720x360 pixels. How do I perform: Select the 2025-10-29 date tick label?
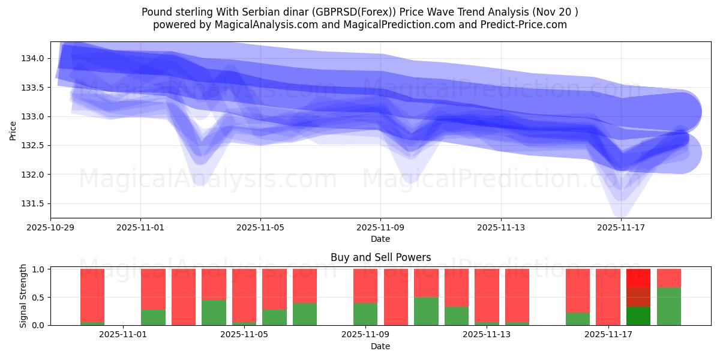(x=50, y=227)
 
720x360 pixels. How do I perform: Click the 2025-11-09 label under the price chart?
(x=380, y=227)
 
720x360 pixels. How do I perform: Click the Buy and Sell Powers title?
(x=380, y=257)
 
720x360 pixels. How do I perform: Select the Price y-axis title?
(x=13, y=130)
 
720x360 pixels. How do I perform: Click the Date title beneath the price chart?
(x=380, y=239)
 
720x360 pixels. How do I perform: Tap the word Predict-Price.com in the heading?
(x=529, y=25)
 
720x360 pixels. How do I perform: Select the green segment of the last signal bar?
(x=669, y=307)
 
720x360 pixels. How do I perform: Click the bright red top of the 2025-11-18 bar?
(x=638, y=278)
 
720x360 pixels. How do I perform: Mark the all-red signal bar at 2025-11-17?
(x=608, y=297)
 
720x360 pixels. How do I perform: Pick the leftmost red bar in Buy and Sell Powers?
(x=92, y=294)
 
